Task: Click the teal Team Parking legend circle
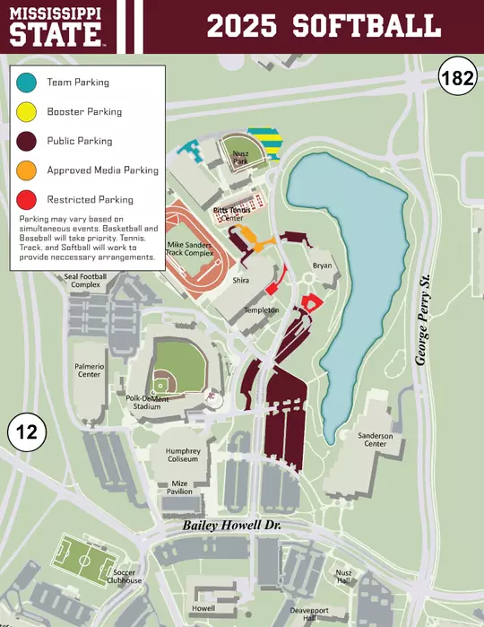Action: [x=30, y=83]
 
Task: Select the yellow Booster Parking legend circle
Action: [x=30, y=112]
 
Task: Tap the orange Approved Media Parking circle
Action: [x=30, y=170]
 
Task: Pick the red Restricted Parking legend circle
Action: [x=30, y=200]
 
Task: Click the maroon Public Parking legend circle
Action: [x=30, y=141]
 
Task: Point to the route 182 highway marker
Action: [x=456, y=78]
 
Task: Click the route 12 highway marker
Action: [x=27, y=432]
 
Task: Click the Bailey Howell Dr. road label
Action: [x=232, y=525]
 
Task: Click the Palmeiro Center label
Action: [x=89, y=370]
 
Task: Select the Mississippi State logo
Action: [x=56, y=26]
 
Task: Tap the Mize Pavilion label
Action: [x=181, y=487]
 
